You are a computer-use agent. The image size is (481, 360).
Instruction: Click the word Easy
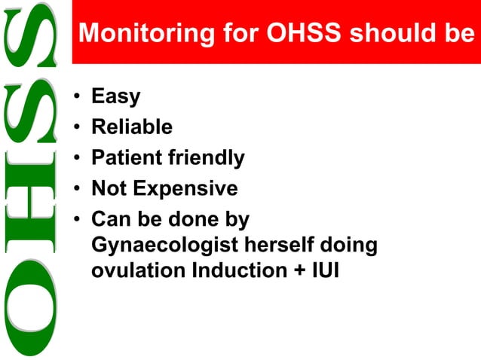click(115, 96)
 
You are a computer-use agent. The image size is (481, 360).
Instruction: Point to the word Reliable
click(132, 127)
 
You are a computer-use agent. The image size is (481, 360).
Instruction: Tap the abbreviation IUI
click(326, 270)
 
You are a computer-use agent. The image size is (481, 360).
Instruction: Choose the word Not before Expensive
click(108, 188)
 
